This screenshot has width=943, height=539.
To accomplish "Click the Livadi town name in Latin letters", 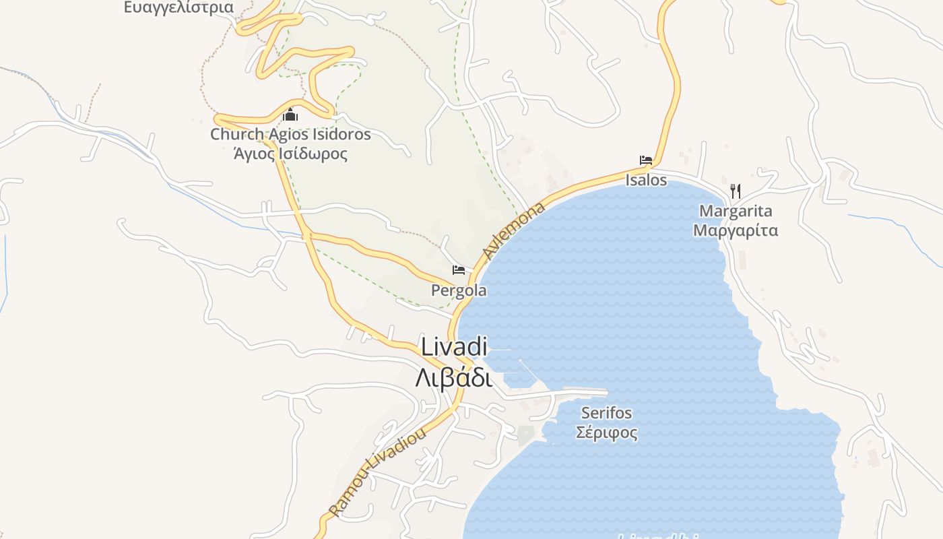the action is [453, 347].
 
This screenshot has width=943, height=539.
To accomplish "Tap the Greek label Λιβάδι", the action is [453, 377].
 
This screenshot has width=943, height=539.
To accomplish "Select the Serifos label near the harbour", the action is [607, 412].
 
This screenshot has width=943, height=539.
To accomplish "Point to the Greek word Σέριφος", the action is [607, 432].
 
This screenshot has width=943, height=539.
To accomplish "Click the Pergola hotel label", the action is [459, 291].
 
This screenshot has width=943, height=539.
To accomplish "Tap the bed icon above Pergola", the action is [459, 270].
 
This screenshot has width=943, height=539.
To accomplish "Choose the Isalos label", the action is [646, 180].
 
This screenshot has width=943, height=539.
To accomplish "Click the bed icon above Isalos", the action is [646, 160].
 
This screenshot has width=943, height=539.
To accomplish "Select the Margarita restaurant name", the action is [736, 211].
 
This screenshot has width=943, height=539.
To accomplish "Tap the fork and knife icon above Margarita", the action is [736, 191].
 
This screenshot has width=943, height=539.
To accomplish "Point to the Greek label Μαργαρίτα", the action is [736, 230].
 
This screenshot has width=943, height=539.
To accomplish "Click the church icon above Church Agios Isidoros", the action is [290, 115].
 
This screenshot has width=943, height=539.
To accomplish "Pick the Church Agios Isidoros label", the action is [290, 134].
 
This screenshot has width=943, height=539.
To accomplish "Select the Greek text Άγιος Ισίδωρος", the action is [290, 154].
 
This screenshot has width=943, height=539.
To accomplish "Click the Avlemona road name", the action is [514, 230].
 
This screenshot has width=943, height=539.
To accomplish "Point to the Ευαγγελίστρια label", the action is [178, 7].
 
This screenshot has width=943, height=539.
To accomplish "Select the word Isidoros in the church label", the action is [340, 134].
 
